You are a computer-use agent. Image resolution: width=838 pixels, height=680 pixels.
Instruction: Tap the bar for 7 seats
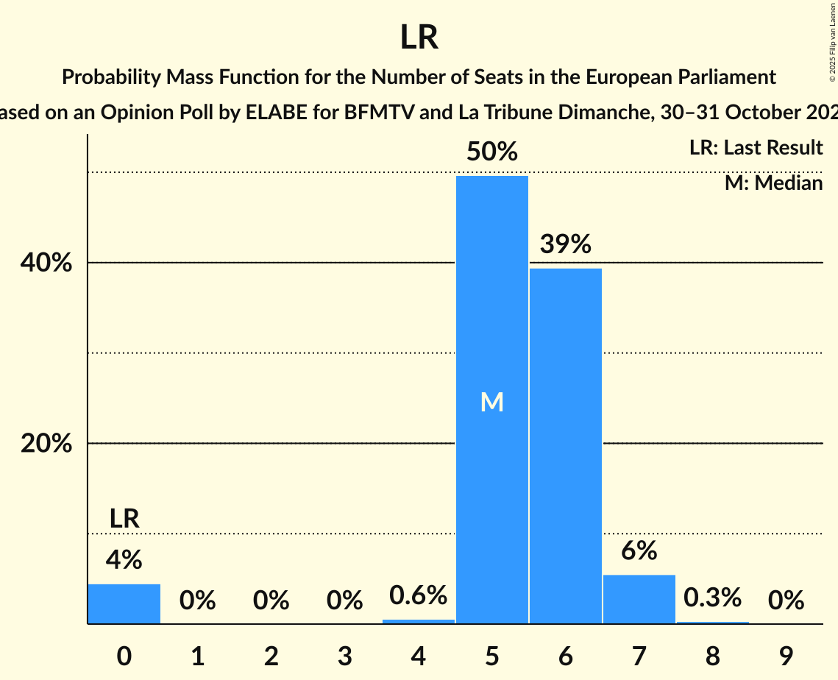(639, 599)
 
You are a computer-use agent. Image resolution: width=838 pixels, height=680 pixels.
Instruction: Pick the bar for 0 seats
(124, 603)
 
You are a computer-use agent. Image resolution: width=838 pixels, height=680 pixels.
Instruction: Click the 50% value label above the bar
(491, 152)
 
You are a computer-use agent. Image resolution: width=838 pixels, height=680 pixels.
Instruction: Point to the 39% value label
(565, 245)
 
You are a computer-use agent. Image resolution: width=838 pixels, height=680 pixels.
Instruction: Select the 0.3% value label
(712, 598)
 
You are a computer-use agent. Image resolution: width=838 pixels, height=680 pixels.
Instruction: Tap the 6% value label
(639, 551)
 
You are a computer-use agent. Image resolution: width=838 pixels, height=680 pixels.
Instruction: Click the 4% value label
(124, 561)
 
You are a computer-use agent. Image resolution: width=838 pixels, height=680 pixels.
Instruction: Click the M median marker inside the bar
(491, 402)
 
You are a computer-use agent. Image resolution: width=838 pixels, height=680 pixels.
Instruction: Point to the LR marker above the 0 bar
(124, 519)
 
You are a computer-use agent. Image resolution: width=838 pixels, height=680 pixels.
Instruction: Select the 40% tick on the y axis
(51, 263)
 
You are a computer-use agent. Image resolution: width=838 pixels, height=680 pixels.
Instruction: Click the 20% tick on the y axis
(51, 444)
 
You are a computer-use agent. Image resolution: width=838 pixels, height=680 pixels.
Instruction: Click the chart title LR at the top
(419, 38)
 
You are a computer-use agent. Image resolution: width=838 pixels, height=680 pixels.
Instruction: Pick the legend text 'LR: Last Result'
(756, 148)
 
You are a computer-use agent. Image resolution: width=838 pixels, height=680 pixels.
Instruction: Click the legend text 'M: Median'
(773, 183)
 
